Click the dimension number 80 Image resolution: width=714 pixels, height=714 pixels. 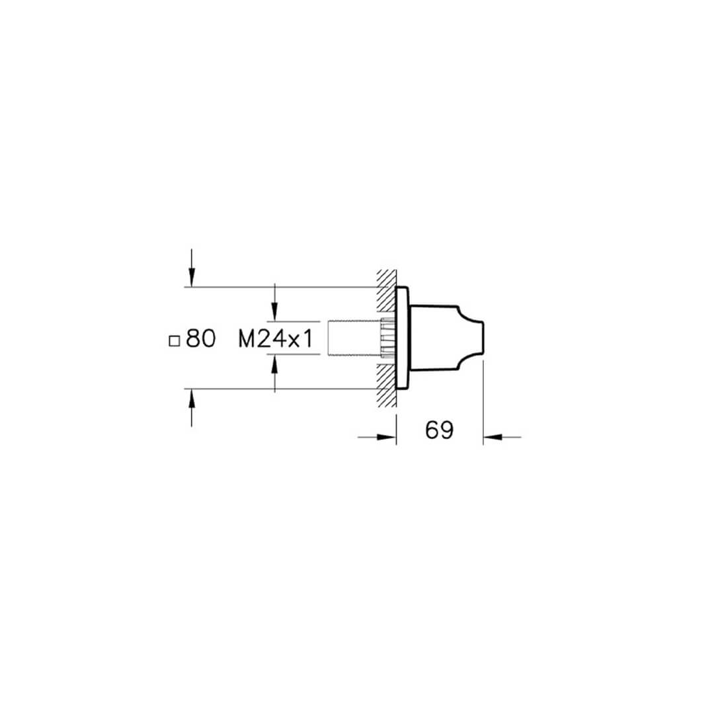tap(201, 338)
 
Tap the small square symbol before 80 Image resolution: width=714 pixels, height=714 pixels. tap(174, 341)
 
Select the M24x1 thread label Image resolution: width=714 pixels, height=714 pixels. tap(276, 339)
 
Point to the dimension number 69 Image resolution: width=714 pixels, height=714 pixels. tap(440, 430)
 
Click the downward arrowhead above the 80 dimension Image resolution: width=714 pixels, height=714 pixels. tap(192, 277)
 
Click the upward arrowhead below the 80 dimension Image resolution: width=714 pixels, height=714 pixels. tap(192, 399)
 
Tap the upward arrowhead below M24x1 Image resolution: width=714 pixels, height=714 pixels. tap(274, 365)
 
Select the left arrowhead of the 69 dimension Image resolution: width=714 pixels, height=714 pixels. tap(387, 437)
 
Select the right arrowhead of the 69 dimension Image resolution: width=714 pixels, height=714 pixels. tap(493, 437)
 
